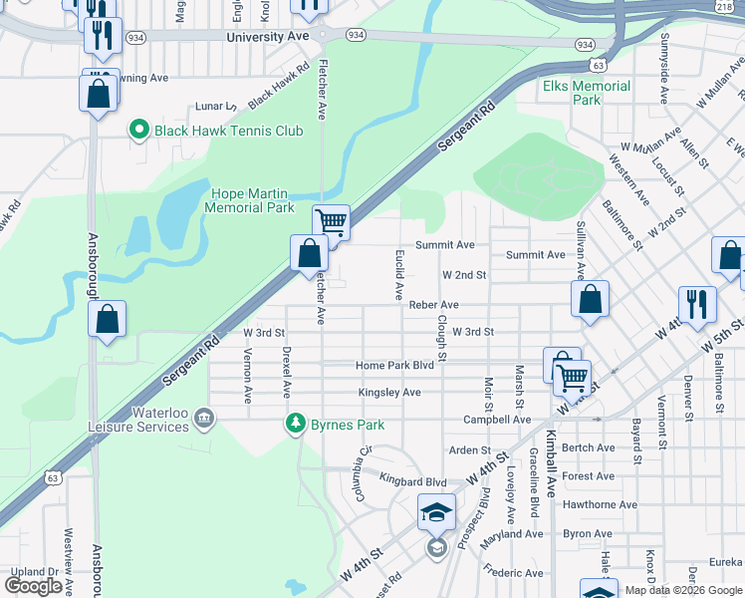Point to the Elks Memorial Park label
point(587,93)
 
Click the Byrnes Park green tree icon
point(295,425)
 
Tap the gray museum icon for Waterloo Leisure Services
point(203,416)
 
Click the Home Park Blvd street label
point(395,366)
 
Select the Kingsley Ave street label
point(389,393)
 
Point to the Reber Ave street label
point(433,305)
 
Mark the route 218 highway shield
point(724,7)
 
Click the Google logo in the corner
point(34,586)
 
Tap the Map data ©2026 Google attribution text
point(683,590)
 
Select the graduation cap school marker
point(436,512)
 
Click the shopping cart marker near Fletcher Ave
point(331,221)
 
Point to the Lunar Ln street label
point(215,106)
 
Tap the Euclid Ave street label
point(398,276)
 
